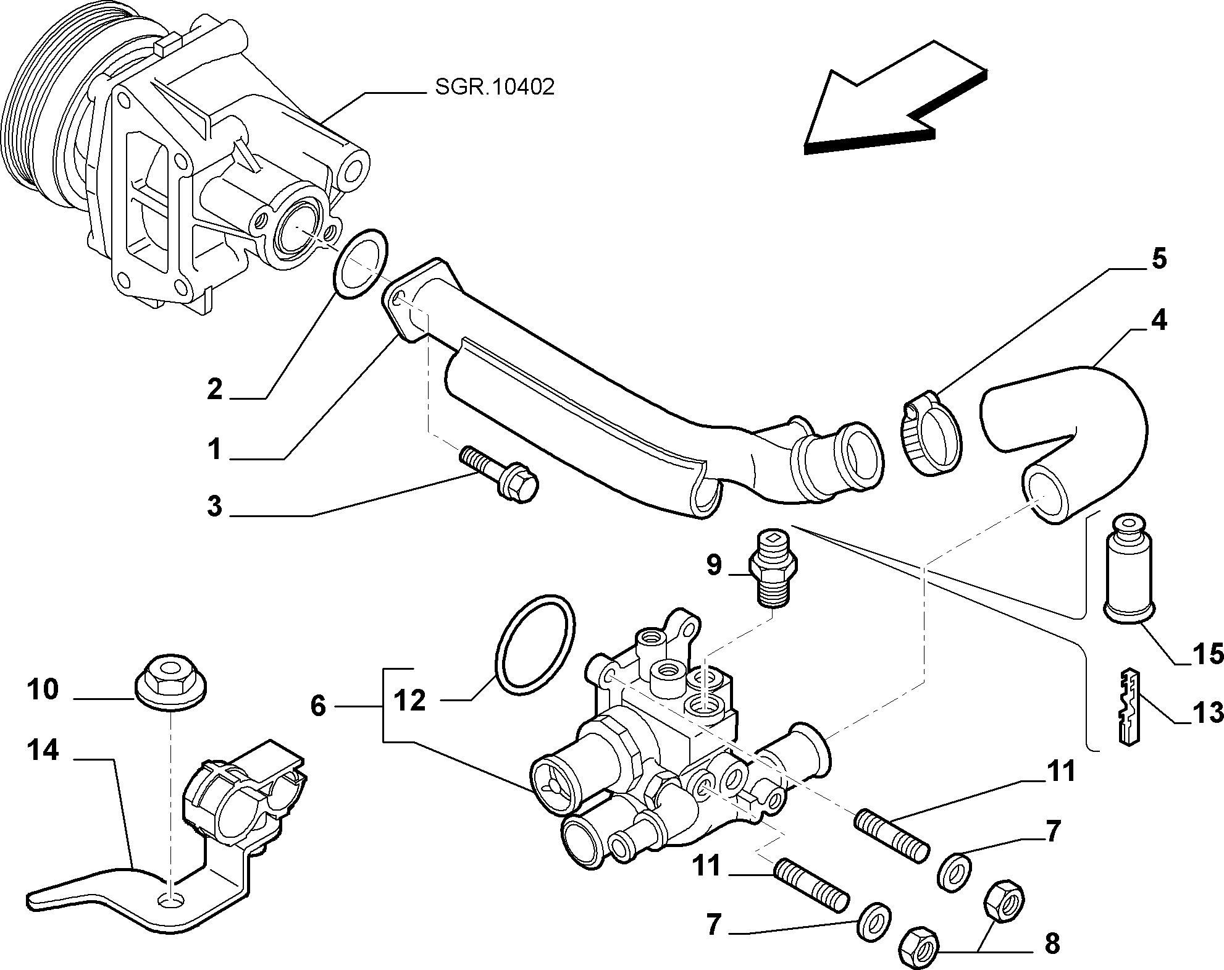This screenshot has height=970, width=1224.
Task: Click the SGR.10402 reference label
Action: tap(495, 87)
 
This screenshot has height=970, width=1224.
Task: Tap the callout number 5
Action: tap(1159, 259)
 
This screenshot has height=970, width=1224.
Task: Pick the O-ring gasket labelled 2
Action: tap(361, 264)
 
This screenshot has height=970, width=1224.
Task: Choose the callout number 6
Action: tap(318, 706)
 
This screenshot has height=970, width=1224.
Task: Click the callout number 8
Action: tap(1052, 943)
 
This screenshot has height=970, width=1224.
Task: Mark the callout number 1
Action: tap(214, 449)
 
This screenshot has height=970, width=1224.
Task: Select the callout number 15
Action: tap(1207, 653)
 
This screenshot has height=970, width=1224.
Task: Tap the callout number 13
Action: tap(1207, 712)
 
